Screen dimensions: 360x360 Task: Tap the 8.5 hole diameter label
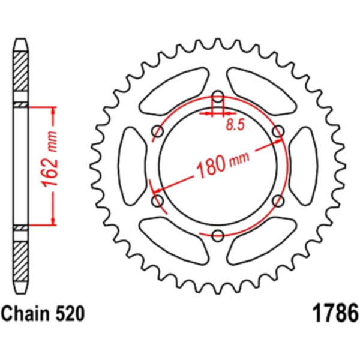click(x=235, y=125)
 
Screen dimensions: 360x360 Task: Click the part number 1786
click(x=335, y=313)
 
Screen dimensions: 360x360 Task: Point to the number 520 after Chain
click(x=70, y=313)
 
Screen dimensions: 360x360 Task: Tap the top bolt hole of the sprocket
click(x=218, y=97)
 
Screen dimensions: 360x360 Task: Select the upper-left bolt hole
click(x=158, y=131)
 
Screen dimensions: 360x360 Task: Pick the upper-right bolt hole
click(x=278, y=131)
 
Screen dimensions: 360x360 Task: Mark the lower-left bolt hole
click(x=158, y=200)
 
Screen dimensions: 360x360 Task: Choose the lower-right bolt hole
click(x=278, y=200)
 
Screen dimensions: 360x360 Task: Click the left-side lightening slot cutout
click(x=132, y=166)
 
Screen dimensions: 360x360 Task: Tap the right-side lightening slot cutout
click(x=303, y=166)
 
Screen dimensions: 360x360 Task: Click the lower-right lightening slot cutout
click(x=261, y=241)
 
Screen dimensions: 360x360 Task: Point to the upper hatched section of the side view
click(x=21, y=71)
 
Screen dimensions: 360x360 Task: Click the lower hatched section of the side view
click(x=21, y=261)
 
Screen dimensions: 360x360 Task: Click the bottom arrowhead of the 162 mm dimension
click(x=53, y=221)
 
